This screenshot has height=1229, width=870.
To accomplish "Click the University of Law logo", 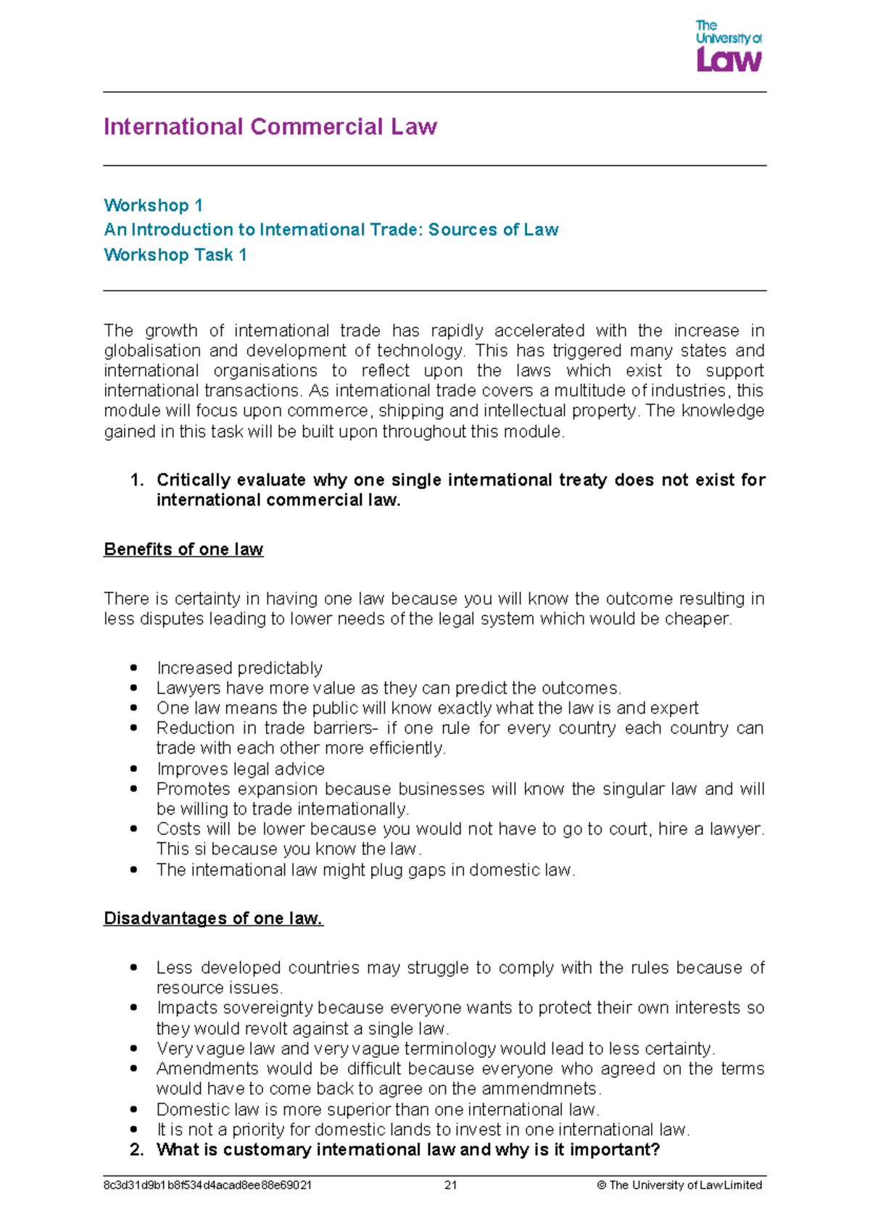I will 728,46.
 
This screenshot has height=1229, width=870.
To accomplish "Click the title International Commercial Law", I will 270,127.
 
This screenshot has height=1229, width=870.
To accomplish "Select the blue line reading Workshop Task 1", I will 175,255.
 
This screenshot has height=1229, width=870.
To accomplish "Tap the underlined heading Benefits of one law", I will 183,549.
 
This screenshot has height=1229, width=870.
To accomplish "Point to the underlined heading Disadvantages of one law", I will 213,918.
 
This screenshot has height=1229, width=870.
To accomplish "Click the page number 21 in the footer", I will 450,1186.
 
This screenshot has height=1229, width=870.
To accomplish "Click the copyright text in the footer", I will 679,1186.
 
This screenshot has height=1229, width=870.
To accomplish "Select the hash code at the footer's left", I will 207,1186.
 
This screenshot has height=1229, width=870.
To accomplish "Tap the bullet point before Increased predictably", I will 133,667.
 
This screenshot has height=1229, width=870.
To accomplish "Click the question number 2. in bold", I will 137,1150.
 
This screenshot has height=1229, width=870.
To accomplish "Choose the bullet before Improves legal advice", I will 133,769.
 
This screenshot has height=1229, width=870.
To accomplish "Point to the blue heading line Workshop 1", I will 153,205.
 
